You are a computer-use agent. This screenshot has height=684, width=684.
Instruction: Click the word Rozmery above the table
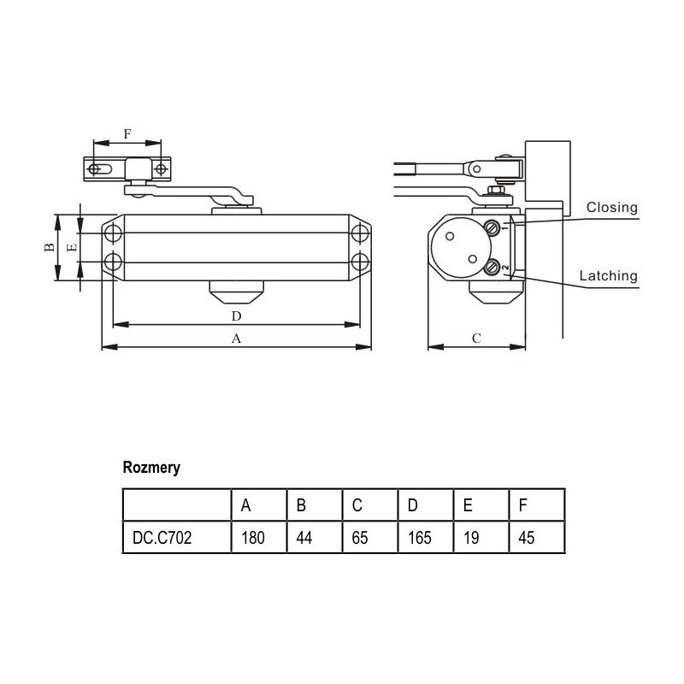coord(151,469)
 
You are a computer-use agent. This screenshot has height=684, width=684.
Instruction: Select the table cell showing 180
coord(253,539)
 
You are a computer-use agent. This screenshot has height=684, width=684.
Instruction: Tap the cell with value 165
coord(419,539)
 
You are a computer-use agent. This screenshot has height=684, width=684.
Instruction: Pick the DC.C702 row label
coord(162,539)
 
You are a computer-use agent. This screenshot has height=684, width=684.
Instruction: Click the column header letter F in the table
coord(523,505)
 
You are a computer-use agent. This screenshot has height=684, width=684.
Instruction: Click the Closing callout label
coord(611,207)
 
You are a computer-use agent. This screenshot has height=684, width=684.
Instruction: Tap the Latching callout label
coord(608,275)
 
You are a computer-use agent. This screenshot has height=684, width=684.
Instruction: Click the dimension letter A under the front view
coord(237,339)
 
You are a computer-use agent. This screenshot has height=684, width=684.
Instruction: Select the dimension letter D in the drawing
coord(237,316)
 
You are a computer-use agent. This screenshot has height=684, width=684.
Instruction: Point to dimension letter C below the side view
coord(476,339)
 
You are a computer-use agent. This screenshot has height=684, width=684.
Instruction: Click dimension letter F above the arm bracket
coord(127,134)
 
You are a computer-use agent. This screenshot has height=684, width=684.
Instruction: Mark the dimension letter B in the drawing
coord(50,247)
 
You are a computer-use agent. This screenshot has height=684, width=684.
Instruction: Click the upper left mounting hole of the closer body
coord(113,233)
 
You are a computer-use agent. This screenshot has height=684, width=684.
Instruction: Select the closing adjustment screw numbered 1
coord(493,228)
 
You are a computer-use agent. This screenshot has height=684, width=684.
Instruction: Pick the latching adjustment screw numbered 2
coord(493,268)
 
